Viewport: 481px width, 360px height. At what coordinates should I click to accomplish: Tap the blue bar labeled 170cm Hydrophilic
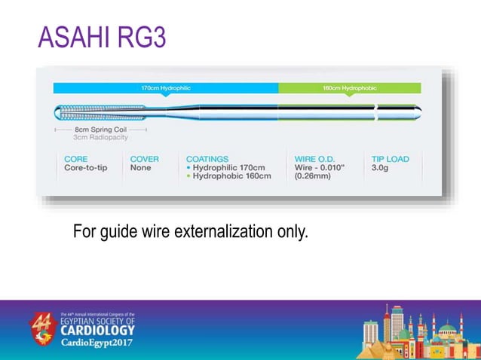[166, 88]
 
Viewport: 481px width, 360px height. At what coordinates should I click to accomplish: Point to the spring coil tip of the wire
[83, 113]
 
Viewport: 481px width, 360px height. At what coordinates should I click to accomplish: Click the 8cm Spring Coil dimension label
[100, 130]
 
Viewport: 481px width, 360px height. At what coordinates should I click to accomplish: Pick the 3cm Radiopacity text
[100, 138]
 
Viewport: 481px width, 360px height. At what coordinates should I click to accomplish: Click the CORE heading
[76, 159]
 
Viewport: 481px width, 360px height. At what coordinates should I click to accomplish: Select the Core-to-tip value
[86, 168]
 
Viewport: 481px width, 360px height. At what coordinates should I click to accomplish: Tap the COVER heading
[145, 159]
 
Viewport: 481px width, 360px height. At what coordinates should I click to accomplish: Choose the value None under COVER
[140, 168]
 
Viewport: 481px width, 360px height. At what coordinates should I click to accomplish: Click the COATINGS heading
[207, 159]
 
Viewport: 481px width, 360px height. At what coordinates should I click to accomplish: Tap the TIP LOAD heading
[391, 159]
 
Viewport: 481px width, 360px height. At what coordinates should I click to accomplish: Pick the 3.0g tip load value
[381, 168]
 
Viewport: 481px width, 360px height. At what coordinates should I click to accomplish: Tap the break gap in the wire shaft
[377, 113]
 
